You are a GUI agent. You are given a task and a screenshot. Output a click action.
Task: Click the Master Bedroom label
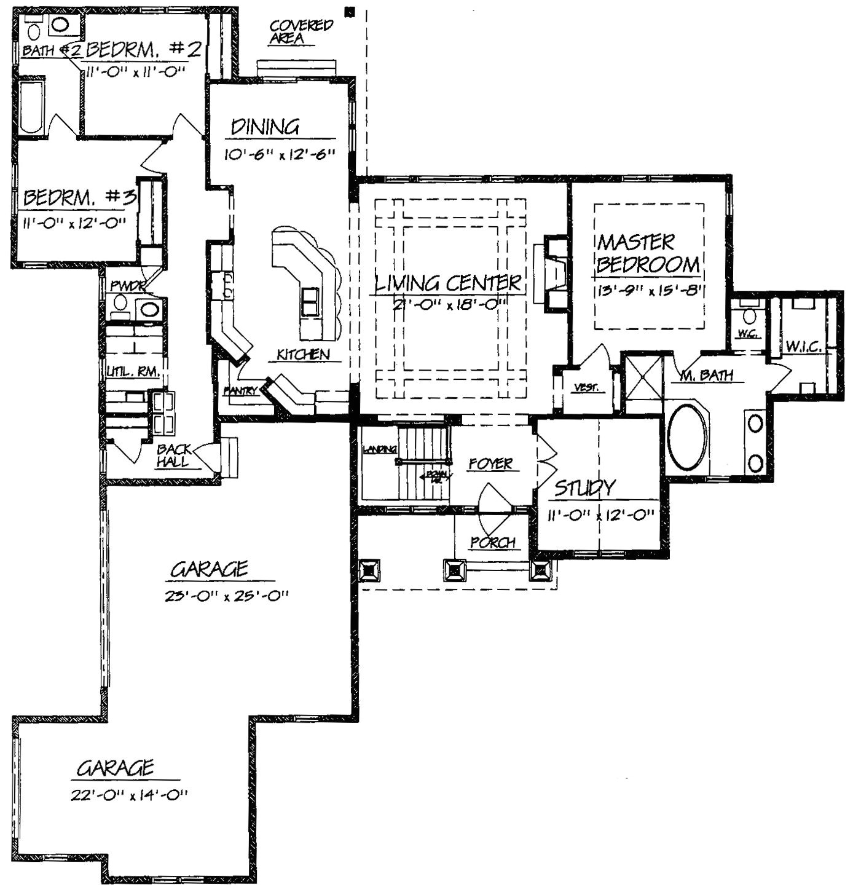pos(648,253)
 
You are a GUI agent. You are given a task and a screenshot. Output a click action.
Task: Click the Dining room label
pos(265,127)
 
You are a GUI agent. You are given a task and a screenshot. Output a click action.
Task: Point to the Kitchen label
pos(303,355)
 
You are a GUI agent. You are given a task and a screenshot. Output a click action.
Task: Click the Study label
pos(584,488)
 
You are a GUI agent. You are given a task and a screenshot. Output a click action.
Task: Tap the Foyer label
pos(490,463)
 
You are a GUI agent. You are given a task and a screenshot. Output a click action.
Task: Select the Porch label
pos(492,543)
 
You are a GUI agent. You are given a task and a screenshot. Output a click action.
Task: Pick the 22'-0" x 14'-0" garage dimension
pos(128,795)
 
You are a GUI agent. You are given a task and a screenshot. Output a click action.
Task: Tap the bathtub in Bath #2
pos(31,108)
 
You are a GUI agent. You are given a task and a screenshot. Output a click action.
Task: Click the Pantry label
pos(240,391)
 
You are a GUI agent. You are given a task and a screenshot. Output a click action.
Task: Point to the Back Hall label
pos(173,455)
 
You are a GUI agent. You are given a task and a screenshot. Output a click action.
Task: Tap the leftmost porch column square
pos(369,570)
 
